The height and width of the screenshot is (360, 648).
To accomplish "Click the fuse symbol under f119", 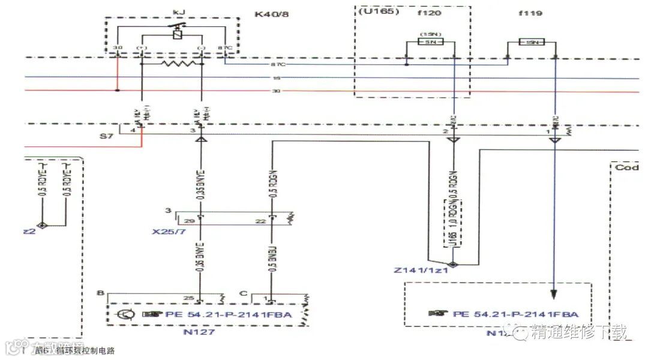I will (x=530, y=43).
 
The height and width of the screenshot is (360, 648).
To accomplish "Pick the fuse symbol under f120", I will (x=430, y=42).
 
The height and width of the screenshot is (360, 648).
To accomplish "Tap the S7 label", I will (x=106, y=137).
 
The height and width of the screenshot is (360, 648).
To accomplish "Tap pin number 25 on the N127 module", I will (x=190, y=298).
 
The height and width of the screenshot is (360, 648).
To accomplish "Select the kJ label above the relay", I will (x=178, y=12).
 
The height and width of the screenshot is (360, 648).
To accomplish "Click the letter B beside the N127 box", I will (x=101, y=293).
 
